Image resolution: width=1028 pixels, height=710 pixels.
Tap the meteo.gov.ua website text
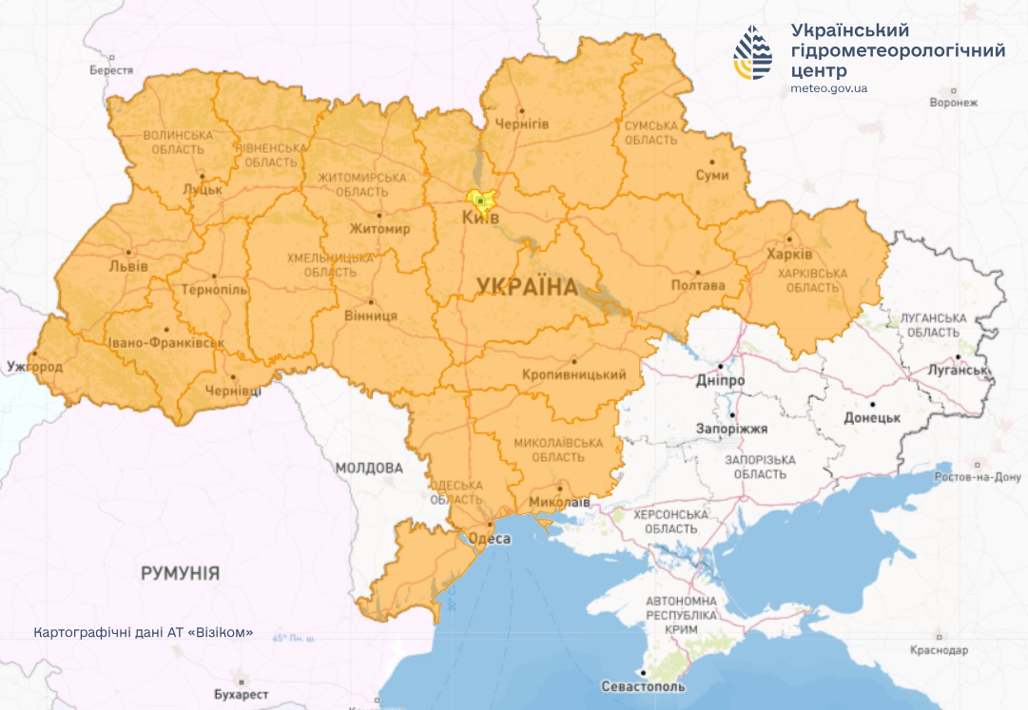(828, 88)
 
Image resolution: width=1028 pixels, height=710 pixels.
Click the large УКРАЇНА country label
(526, 286)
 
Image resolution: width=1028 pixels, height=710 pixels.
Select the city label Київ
(480, 219)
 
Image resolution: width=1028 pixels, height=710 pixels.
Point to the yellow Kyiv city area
(481, 201)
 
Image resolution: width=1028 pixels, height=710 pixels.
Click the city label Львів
(129, 266)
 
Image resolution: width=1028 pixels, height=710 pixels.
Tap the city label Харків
(788, 256)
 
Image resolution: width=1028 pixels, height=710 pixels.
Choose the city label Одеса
(491, 539)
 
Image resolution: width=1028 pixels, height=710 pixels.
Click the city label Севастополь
(643, 686)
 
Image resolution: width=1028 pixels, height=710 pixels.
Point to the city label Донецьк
(872, 417)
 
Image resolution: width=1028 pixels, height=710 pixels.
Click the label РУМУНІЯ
(180, 573)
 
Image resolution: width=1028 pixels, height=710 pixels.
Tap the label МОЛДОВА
(369, 468)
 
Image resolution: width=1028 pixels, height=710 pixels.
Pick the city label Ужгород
(34, 367)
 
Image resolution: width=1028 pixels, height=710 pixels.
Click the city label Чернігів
(522, 125)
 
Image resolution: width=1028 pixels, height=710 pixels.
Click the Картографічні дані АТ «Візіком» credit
(143, 632)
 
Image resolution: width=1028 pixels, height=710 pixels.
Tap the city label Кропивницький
(573, 375)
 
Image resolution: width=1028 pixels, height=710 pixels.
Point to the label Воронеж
(953, 103)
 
